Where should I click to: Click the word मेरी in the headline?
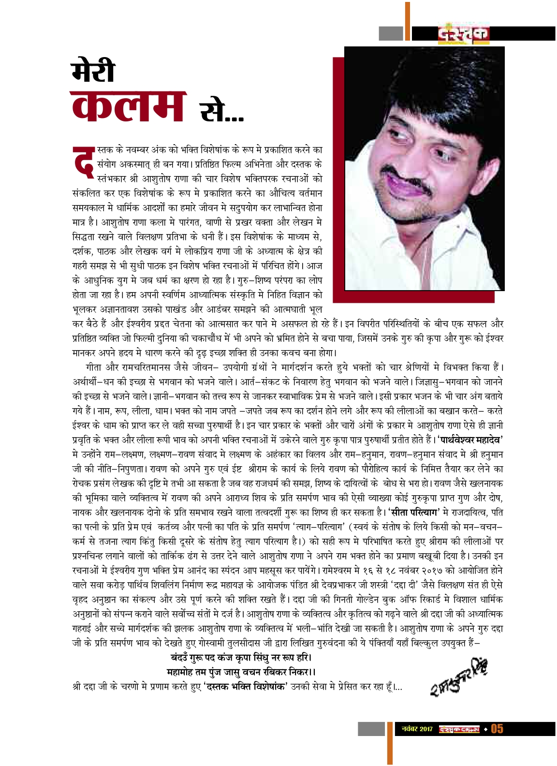coord(93,70)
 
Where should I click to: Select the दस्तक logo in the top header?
coord(464,34)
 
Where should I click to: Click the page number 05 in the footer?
coord(497,728)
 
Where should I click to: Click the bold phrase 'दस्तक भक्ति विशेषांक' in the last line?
coord(246,687)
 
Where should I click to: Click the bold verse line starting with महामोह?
coord(241,672)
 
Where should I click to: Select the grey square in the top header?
coord(391,33)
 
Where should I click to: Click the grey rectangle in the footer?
coord(371,729)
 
